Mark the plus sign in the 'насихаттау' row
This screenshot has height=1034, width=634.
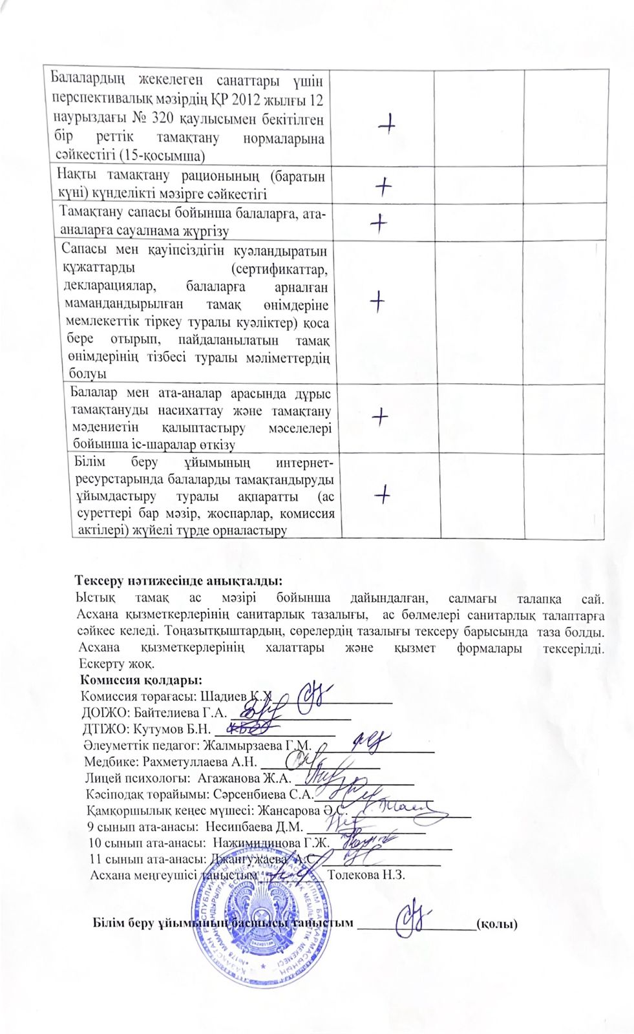tap(381, 417)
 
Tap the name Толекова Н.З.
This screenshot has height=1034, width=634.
tap(366, 875)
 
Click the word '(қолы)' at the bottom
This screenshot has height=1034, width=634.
tap(496, 923)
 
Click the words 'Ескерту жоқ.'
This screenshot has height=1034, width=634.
tap(116, 664)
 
